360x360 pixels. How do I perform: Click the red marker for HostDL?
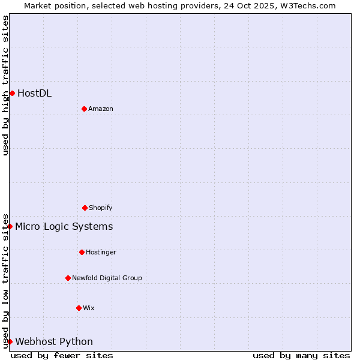pyautogui.click(x=12, y=93)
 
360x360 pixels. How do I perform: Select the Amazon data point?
pyautogui.click(x=84, y=109)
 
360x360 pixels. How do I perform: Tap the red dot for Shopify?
pyautogui.click(x=85, y=208)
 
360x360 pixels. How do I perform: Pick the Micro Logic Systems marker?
pyautogui.click(x=10, y=226)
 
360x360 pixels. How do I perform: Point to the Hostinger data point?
pyautogui.click(x=82, y=252)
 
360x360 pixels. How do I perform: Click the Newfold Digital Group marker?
pyautogui.click(x=68, y=278)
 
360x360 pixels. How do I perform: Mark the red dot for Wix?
pyautogui.click(x=79, y=308)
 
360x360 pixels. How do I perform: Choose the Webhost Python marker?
pyautogui.click(x=10, y=341)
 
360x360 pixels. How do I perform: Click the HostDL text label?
pyautogui.click(x=34, y=93)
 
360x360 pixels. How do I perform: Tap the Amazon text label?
pyautogui.click(x=101, y=109)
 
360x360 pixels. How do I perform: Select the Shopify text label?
pyautogui.click(x=101, y=208)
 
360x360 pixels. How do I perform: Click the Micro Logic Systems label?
pyautogui.click(x=64, y=226)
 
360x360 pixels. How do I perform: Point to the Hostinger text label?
pyautogui.click(x=101, y=252)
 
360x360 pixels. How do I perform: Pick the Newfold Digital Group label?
pyautogui.click(x=107, y=278)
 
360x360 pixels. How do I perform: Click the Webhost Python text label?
pyautogui.click(x=54, y=341)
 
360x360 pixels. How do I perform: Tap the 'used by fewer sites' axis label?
pyautogui.click(x=62, y=355)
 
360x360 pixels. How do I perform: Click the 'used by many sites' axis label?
pyautogui.click(x=301, y=355)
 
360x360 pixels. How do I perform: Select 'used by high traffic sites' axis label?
pyautogui.click(x=5, y=85)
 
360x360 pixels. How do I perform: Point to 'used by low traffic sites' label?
pyautogui.click(x=5, y=280)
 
